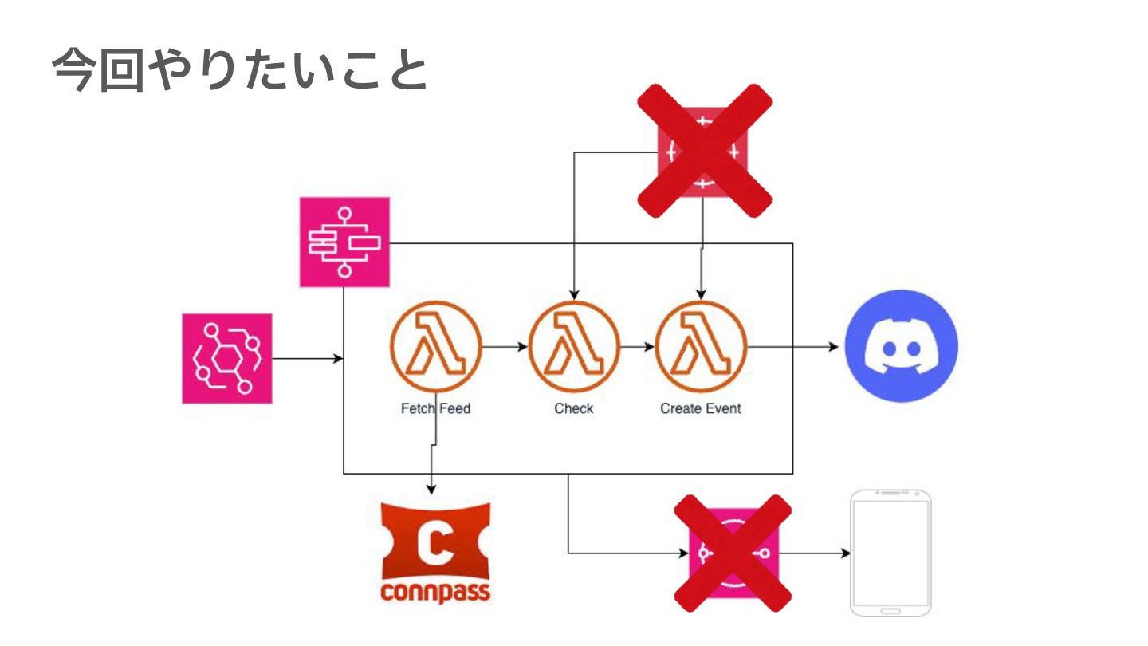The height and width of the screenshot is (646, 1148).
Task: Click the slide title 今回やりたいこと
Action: [240, 71]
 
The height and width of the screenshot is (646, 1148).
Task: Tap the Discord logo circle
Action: [901, 346]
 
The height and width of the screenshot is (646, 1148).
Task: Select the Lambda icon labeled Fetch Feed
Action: [435, 347]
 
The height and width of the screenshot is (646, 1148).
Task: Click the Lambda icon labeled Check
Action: [573, 347]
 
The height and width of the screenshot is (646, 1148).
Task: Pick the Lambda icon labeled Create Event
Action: [701, 347]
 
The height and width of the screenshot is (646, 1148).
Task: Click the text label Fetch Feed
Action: [435, 408]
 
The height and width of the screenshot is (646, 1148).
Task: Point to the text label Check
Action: [574, 408]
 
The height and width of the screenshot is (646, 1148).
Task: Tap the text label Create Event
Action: [701, 408]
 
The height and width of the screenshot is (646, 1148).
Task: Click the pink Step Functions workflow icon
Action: [344, 242]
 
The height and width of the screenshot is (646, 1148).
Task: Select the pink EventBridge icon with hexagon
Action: [227, 358]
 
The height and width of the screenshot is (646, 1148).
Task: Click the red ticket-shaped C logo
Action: [435, 542]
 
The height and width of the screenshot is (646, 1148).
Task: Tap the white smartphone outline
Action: [890, 553]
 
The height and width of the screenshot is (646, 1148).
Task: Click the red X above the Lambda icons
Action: [704, 149]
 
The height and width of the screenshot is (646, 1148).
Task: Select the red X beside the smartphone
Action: [733, 553]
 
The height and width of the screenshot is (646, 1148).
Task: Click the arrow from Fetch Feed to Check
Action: [505, 347]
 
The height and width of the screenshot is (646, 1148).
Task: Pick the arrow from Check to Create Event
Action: [637, 347]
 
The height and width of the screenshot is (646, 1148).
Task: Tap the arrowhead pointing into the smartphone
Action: [844, 553]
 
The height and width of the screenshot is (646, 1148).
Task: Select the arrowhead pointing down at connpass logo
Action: [432, 489]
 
